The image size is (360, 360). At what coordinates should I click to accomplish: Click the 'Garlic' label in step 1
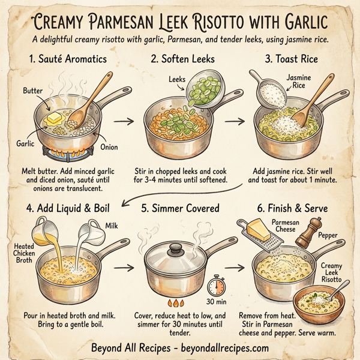(x=25, y=144)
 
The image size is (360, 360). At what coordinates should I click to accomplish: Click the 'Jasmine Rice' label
(x=298, y=82)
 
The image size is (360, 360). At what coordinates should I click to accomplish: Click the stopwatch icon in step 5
(x=215, y=286)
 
